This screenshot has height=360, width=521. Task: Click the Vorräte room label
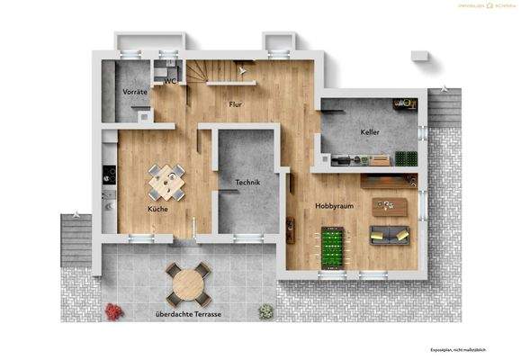pos(135,92)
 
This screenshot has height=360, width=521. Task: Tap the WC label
pos(170,81)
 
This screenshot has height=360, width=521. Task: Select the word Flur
pos(236,104)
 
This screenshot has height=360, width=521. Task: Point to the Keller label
pos(370,132)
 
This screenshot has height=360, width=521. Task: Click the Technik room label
pos(247,183)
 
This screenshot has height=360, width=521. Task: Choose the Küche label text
pos(158,209)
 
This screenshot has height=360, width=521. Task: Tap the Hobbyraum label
pos(333,206)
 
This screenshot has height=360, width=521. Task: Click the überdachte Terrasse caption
pos(189,314)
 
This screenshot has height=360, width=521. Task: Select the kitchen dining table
pos(166,182)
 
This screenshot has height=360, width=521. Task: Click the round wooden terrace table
pos(189,284)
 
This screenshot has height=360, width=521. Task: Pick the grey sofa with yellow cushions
pos(391,236)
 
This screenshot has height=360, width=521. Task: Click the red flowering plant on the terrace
pos(113,311)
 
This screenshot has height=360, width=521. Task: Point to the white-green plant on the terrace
pos(265,311)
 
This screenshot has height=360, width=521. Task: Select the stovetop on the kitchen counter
pos(108,170)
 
